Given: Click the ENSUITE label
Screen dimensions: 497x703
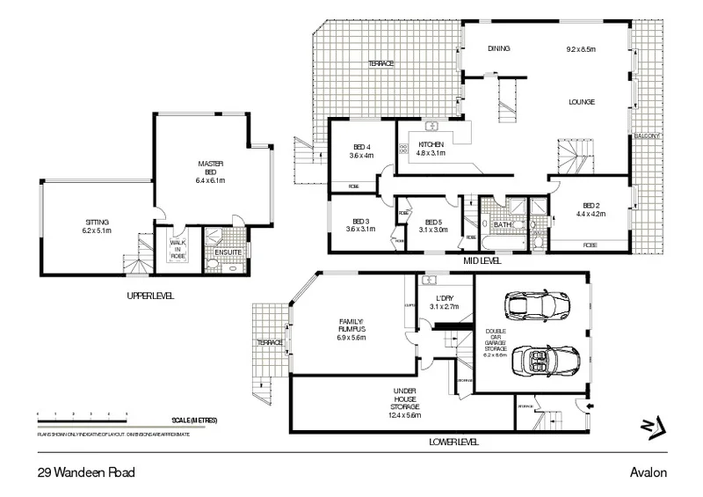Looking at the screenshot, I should point(228,252).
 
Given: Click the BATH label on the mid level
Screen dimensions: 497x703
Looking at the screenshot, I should point(503,225).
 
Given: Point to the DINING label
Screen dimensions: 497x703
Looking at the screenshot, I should point(499,49).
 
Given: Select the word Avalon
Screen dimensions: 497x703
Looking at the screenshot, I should point(648,471).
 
